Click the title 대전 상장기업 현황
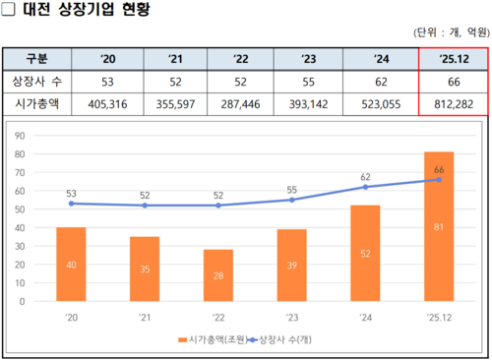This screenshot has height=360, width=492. tap(87, 13)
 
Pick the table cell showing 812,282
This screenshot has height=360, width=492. tap(454, 101)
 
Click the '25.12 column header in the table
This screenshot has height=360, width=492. tap(454, 57)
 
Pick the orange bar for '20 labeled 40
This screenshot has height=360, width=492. tap(71, 264)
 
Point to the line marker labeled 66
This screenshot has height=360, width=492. tap(439, 180)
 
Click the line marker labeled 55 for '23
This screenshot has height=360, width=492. tap(292, 200)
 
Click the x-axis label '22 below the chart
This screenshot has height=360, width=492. tap(218, 317)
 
